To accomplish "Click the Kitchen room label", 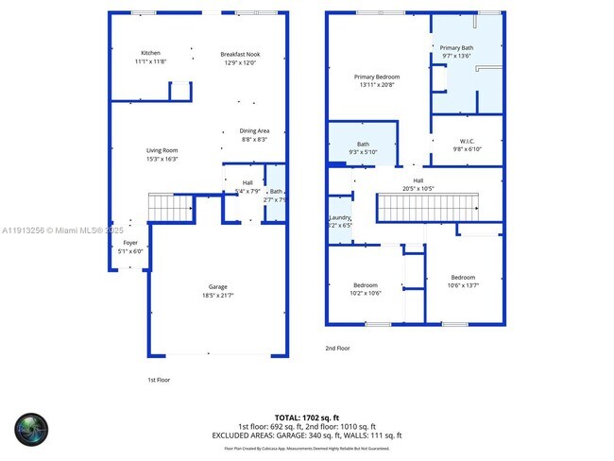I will (x=150, y=53).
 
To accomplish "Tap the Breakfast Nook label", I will (x=240, y=54).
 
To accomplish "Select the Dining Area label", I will (x=254, y=131).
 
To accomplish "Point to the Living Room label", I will (x=162, y=150).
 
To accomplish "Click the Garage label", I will (x=218, y=287).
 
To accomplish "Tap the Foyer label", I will (x=130, y=243).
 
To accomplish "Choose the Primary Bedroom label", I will (x=377, y=77).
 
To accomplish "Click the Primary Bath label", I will (x=456, y=47).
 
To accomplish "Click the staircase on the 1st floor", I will (x=170, y=206).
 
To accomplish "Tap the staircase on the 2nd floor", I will (x=428, y=207).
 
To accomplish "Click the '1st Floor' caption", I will (x=158, y=380).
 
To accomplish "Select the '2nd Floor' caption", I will (x=337, y=348).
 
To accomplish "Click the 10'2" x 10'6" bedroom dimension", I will (x=366, y=293).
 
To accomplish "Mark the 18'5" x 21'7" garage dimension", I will (x=218, y=296).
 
